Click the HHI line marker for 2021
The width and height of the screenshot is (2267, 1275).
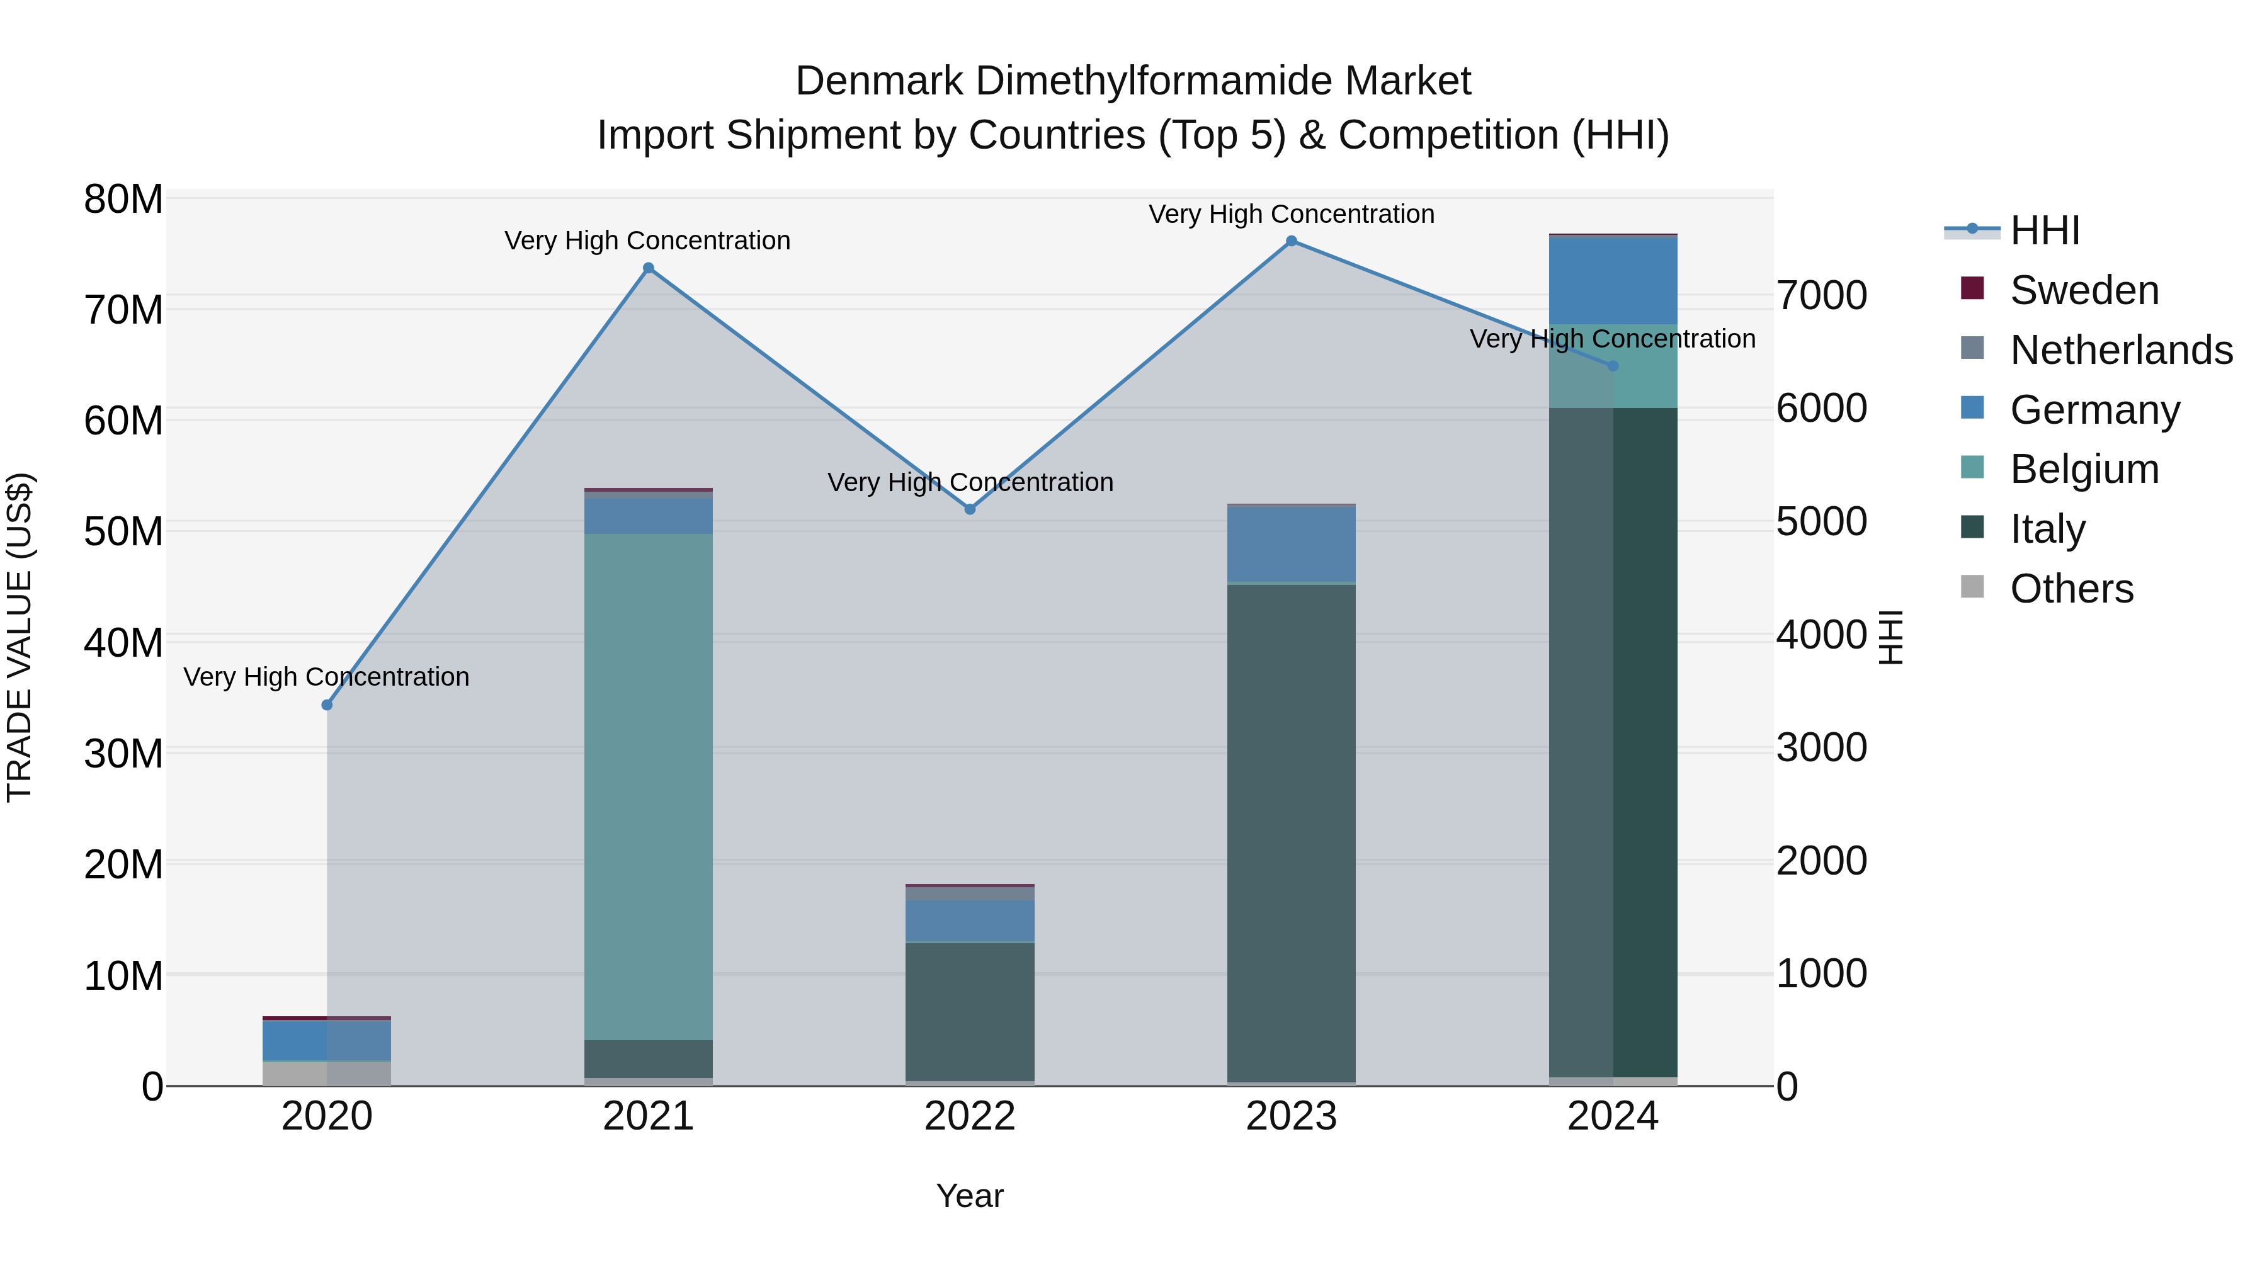[649, 268]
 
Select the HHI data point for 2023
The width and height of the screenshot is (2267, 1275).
[1291, 241]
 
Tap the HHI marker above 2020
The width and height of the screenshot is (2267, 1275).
[327, 705]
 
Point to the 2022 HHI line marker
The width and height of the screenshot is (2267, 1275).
[970, 509]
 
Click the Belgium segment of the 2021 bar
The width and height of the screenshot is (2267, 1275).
[649, 788]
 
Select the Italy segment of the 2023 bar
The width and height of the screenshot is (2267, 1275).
[1291, 832]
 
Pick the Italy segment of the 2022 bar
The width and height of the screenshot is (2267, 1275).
[970, 1012]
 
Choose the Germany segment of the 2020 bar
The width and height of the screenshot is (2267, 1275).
[327, 1041]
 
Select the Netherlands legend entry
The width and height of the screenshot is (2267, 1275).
[2121, 350]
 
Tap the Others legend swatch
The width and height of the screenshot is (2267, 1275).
[1972, 587]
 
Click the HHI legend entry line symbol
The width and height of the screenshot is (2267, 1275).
[1971, 230]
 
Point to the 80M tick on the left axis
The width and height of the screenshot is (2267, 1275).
[123, 200]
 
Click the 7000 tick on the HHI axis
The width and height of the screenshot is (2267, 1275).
[1821, 296]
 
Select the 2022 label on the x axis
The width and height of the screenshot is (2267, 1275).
[970, 1116]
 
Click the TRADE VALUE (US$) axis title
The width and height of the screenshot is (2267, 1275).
[20, 637]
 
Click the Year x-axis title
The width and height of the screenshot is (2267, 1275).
[970, 1196]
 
